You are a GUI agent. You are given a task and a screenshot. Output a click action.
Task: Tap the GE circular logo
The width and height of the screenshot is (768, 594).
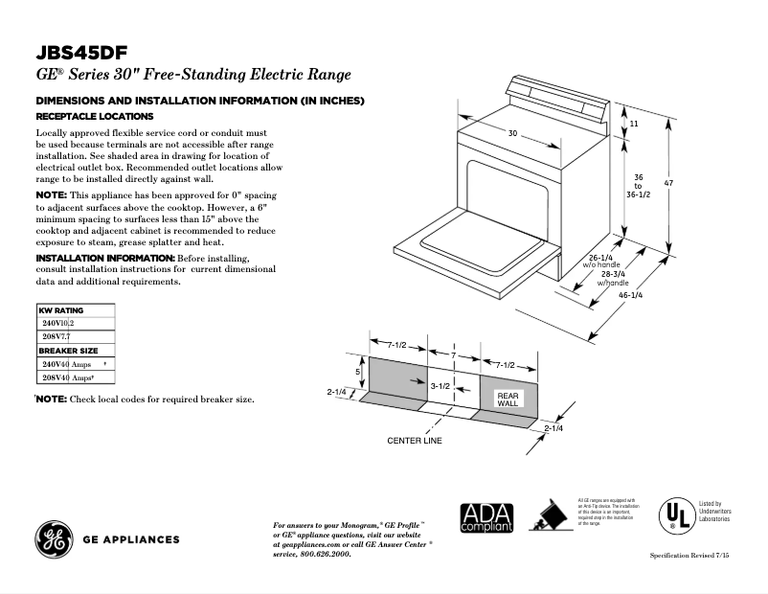click(x=53, y=538)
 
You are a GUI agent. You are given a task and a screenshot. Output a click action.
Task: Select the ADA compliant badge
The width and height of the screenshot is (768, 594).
click(x=486, y=517)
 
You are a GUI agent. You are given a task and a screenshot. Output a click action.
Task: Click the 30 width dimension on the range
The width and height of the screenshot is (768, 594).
click(x=512, y=133)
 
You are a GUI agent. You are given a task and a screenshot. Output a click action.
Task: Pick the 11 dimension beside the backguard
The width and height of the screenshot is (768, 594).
click(x=634, y=125)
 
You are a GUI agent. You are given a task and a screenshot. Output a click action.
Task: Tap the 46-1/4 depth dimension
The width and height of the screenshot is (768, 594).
click(x=630, y=295)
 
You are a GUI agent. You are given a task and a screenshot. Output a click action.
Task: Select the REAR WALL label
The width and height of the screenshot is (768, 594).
click(x=507, y=400)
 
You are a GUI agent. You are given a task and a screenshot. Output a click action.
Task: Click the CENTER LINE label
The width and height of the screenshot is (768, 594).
click(x=415, y=441)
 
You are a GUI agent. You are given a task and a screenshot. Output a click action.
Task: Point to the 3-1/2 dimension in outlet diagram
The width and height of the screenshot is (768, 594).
click(x=440, y=385)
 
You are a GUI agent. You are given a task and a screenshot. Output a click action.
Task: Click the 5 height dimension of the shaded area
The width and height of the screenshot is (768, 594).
click(x=357, y=371)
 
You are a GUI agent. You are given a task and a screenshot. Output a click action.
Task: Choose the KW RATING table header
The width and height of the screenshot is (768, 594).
click(x=61, y=311)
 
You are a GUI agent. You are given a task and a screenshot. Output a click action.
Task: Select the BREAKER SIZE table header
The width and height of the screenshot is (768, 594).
click(x=69, y=351)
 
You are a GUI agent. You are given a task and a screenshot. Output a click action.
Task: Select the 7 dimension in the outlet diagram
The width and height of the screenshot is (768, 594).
click(x=454, y=355)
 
